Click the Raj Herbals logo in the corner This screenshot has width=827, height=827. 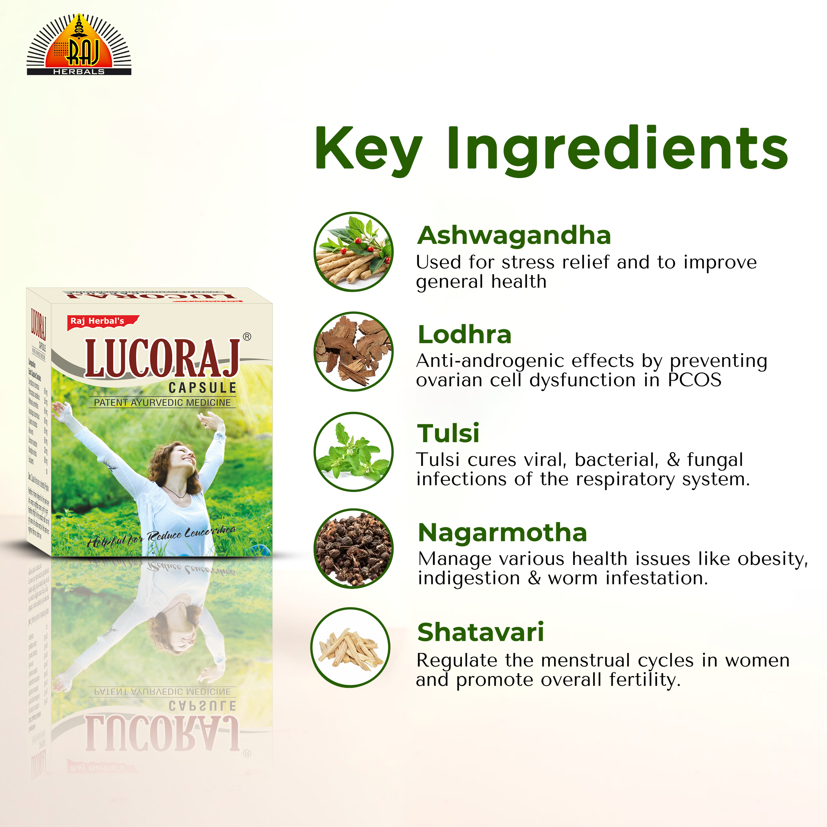79,45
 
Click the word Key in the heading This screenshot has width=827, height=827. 368,150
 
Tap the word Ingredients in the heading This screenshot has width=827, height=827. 617,150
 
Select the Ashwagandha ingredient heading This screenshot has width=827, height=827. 514,235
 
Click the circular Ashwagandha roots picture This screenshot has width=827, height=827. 353,252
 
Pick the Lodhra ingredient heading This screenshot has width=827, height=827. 464,334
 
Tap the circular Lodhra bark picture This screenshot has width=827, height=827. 353,351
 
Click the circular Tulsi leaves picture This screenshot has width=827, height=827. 353,452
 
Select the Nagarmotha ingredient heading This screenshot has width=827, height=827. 502,533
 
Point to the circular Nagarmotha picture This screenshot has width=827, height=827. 353,548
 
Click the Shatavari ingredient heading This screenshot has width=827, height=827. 480,632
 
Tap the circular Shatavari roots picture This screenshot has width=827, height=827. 350,648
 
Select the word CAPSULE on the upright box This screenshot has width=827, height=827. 202,388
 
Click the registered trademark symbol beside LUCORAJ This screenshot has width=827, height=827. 247,337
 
